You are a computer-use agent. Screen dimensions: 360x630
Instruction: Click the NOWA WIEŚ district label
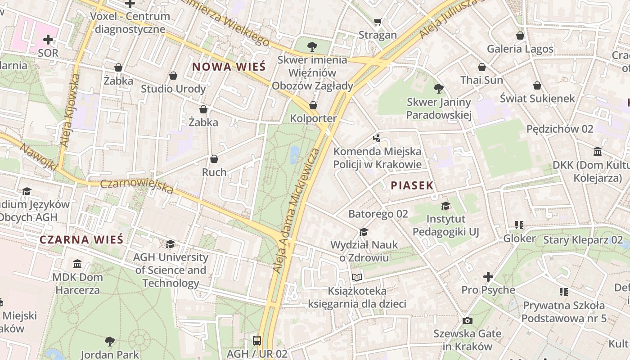point(229,67)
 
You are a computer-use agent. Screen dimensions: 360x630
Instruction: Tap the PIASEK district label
point(412,185)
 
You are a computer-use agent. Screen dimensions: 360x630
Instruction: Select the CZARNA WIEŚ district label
point(81,239)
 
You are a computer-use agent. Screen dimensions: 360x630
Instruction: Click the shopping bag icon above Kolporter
point(313,105)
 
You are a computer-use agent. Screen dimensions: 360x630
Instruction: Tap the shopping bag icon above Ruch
point(214,159)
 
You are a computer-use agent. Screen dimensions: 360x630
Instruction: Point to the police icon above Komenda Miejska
point(377,138)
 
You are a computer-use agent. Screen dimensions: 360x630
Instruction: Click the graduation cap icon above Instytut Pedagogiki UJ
point(445,206)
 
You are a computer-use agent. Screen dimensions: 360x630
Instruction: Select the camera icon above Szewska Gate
point(468,320)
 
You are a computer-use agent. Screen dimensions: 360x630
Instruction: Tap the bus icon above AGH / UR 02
point(257,340)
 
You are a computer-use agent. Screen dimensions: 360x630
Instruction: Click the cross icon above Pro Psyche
point(488,276)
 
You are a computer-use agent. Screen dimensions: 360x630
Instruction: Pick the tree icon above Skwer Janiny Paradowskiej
point(439,89)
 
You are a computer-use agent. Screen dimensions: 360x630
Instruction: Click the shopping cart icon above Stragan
point(378,22)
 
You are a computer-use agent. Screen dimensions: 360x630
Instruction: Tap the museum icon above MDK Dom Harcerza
point(77,263)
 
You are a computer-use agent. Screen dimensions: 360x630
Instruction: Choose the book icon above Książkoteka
point(357,277)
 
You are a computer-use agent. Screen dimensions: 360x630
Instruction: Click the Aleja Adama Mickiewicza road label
point(297,210)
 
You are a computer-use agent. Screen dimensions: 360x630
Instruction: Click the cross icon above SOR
point(48,40)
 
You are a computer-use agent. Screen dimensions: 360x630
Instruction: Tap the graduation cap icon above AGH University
point(170,244)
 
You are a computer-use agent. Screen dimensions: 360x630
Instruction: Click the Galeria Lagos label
point(520,49)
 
